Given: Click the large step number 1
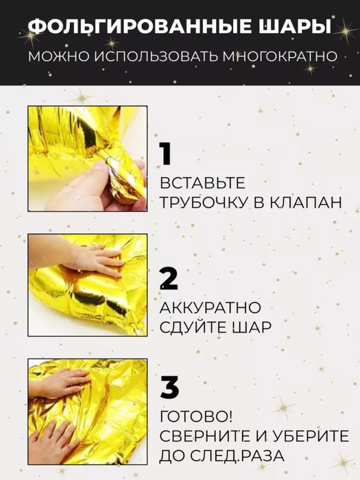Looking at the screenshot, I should point(165,154).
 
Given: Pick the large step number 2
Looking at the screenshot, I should point(169,278).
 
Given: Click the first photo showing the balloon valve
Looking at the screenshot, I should point(88,158).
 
